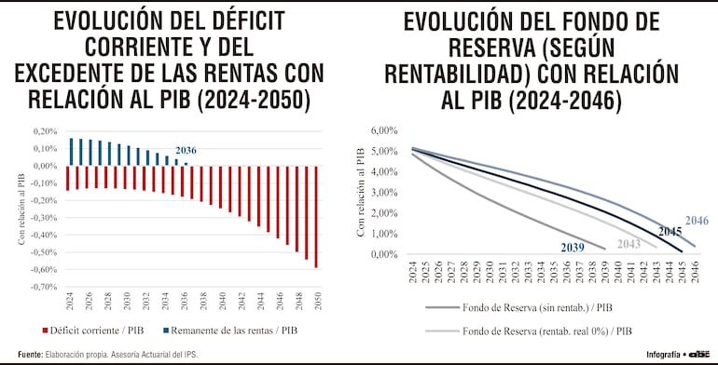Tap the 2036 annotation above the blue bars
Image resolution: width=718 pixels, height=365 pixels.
[x=185, y=150]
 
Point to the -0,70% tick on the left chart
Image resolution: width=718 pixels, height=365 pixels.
[x=43, y=287]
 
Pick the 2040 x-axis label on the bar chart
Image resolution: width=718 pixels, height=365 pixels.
[x=222, y=304]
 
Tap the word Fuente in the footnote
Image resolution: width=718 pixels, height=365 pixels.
[x=29, y=355]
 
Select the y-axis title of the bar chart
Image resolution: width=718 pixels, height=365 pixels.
[x=21, y=209]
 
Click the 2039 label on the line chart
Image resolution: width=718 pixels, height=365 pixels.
[x=573, y=247]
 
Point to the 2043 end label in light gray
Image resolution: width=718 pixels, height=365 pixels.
[x=629, y=243]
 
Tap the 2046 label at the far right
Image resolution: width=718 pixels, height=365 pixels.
[x=697, y=221]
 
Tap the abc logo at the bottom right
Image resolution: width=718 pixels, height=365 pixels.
[x=700, y=355]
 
